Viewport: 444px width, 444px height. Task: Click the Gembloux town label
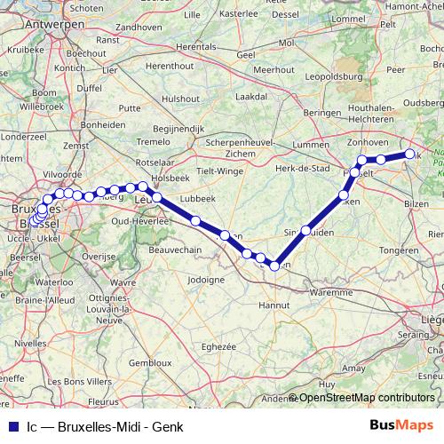coord(149,363)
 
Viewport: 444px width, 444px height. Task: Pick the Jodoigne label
coord(205,279)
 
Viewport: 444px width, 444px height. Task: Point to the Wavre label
coord(123,283)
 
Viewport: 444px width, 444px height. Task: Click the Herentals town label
coord(195,46)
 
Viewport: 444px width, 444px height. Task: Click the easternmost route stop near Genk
coord(409,155)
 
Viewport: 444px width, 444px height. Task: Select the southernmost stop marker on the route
coord(275,265)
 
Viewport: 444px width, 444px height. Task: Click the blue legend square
coord(11,427)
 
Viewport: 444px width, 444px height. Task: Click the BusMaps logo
coord(402,426)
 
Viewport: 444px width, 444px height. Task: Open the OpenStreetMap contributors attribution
coord(366,398)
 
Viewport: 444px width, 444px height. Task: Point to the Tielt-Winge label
coord(219,170)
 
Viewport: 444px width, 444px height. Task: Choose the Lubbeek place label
coord(196,198)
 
